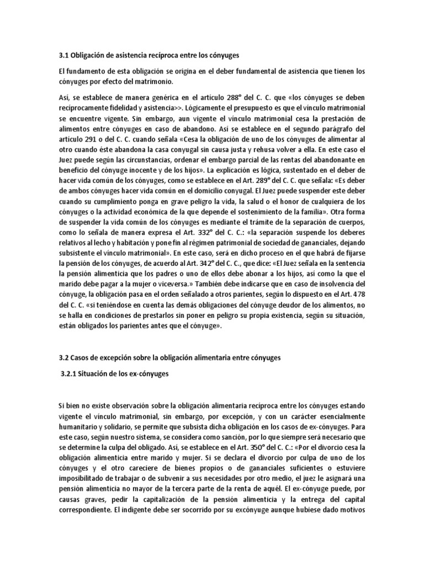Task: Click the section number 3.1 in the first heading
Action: pyautogui.click(x=63, y=56)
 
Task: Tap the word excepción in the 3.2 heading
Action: pyautogui.click(x=112, y=358)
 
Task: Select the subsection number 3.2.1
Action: pyautogui.click(x=70, y=374)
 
